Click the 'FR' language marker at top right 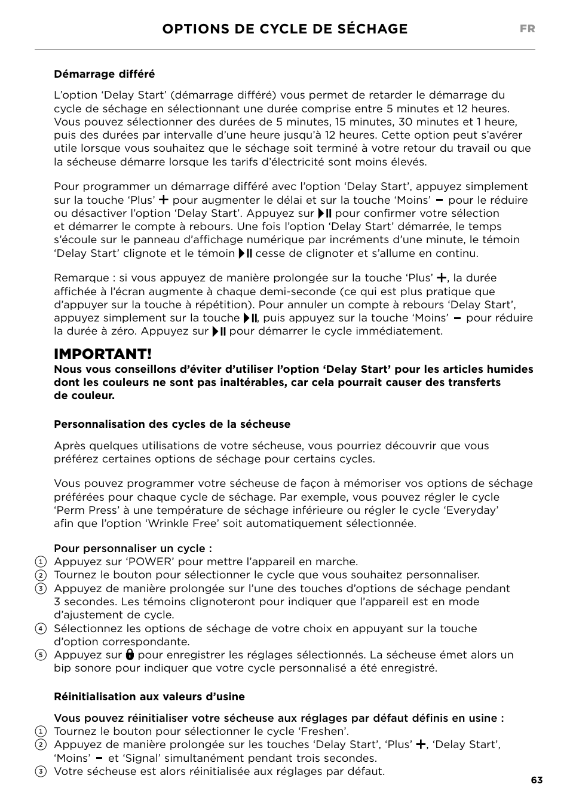click(x=527, y=29)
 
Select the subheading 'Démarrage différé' click(x=104, y=74)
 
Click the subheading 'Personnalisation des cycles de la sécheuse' click(x=172, y=424)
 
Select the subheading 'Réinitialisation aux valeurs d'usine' click(x=149, y=697)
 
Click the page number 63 click(x=536, y=780)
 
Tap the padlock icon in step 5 click(x=130, y=655)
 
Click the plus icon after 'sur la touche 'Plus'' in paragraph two click(x=164, y=200)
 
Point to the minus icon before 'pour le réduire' click(x=439, y=200)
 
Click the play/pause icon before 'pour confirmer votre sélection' click(x=324, y=213)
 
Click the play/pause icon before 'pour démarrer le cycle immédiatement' click(x=219, y=332)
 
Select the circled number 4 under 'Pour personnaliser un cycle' click(x=41, y=629)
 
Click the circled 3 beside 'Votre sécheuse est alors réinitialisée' click(x=41, y=771)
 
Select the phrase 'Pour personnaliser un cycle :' click(x=133, y=548)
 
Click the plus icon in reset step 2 click(x=421, y=744)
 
